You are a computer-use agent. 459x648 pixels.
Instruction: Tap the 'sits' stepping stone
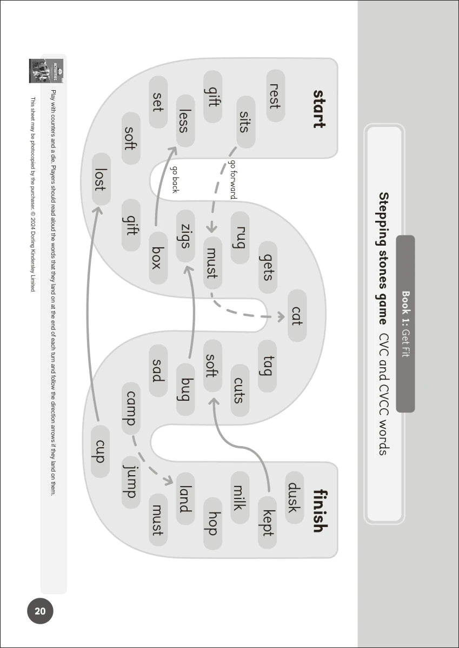246,122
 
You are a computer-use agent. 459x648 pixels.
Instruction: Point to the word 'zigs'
185,237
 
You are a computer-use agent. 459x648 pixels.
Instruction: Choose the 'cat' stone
297,315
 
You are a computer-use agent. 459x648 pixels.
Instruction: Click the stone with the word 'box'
158,258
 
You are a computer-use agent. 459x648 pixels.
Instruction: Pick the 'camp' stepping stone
131,408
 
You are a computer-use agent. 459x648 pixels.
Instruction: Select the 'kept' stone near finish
267,522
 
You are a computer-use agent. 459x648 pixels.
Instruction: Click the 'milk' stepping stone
240,497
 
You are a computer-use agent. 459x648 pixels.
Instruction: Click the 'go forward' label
233,180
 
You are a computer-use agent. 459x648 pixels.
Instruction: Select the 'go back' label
175,179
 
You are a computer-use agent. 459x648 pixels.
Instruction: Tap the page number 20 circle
41,612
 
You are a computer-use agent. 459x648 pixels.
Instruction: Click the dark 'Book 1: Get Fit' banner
405,323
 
